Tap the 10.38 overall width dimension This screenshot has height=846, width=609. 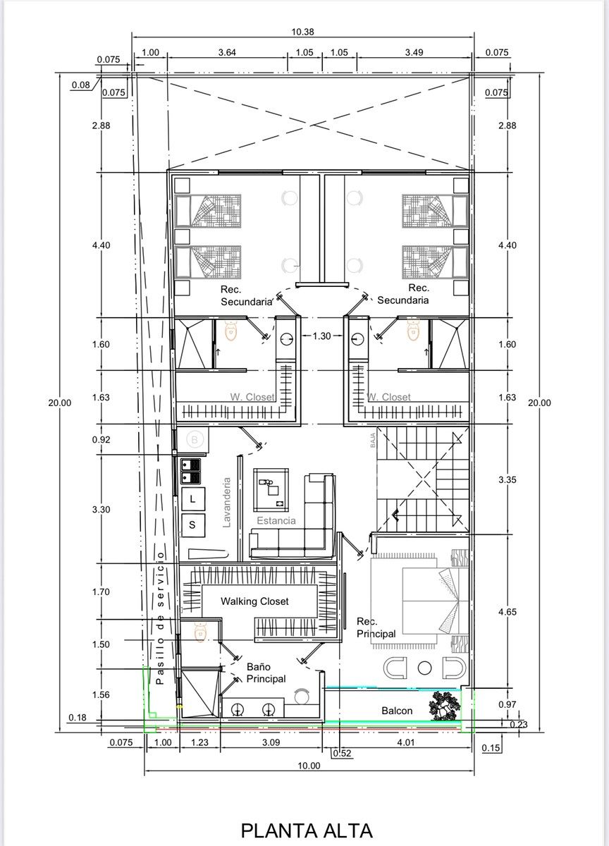(302, 32)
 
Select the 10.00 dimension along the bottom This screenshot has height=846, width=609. (309, 766)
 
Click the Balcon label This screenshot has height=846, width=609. (396, 711)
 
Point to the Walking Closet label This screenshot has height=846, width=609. (254, 601)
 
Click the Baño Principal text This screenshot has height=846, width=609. (266, 673)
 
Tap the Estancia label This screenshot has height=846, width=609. (276, 521)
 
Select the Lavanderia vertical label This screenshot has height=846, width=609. (226, 502)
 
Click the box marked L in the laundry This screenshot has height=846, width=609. (193, 499)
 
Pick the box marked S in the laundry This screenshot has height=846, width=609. (193, 525)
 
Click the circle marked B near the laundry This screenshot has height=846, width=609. (195, 439)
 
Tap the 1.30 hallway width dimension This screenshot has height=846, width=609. (321, 336)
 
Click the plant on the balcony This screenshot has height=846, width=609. (445, 706)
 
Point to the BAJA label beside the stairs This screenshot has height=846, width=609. (373, 440)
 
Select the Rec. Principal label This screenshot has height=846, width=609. (376, 627)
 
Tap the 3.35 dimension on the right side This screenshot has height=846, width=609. (507, 479)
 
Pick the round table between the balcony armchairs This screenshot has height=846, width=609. (424, 668)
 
